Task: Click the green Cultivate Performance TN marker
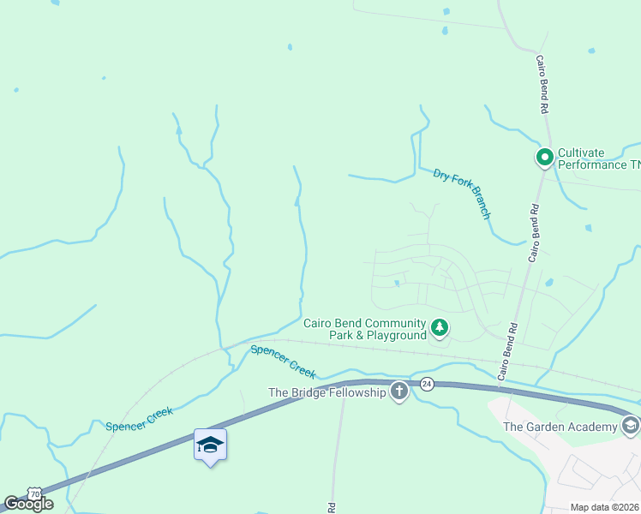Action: click(543, 157)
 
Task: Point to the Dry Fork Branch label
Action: click(462, 194)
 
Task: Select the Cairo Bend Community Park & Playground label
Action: click(364, 329)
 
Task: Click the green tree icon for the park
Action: click(439, 328)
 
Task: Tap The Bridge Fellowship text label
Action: click(327, 392)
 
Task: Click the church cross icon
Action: click(398, 392)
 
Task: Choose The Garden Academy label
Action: click(560, 427)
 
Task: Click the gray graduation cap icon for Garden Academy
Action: click(630, 426)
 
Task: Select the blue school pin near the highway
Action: click(210, 445)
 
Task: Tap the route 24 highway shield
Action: click(427, 384)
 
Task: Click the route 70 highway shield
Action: click(34, 494)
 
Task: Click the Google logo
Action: click(28, 504)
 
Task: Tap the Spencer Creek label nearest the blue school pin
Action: click(139, 419)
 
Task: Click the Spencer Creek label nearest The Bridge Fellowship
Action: click(284, 362)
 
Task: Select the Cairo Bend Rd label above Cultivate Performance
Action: click(542, 85)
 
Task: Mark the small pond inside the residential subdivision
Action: click(396, 283)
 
